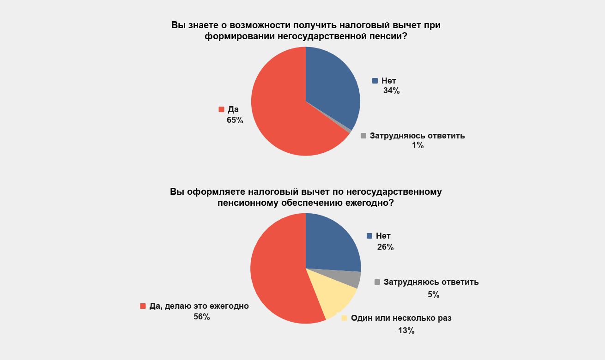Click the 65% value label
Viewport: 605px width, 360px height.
pos(235,120)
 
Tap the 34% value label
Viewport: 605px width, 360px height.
pos(391,91)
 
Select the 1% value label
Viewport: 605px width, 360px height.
pos(418,146)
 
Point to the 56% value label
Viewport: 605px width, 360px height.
pos(202,317)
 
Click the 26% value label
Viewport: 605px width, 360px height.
pos(385,247)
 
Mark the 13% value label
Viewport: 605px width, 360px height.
pos(406,330)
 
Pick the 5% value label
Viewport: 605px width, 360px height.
pos(433,294)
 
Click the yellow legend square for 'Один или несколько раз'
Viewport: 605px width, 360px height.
pos(344,318)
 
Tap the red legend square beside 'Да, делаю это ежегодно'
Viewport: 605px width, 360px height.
pos(143,306)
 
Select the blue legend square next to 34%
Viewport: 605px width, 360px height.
pos(375,81)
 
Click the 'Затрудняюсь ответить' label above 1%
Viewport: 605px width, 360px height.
pos(417,136)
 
